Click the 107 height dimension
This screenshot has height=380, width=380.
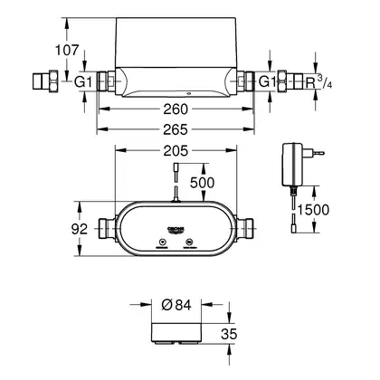67,50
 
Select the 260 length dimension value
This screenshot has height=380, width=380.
176,109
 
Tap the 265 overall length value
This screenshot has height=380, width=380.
176,129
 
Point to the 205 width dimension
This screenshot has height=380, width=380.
176,151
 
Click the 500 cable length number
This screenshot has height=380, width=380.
202,183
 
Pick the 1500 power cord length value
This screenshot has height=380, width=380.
313,210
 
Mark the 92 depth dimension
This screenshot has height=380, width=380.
80,229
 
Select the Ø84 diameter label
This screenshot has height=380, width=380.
176,305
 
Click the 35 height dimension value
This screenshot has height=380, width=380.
229,334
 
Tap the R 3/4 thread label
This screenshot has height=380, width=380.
318,81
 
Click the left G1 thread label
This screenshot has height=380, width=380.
83,81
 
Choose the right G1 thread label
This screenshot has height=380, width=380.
268,81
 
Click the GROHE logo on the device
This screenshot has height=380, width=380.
176,230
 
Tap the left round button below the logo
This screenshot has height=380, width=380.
163,242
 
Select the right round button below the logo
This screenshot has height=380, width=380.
189,242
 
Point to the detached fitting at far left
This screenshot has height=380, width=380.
45,80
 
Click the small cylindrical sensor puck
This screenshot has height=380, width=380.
176,333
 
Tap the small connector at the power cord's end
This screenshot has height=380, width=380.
293,228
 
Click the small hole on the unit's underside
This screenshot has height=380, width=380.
188,93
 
